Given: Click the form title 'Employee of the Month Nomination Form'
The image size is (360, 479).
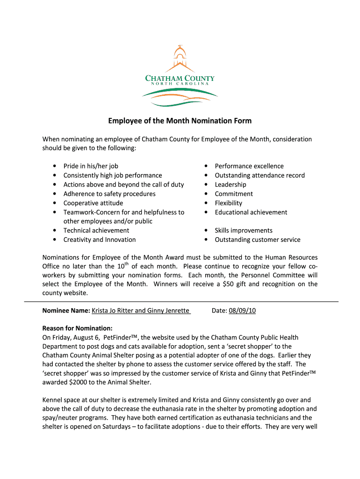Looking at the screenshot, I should tap(180, 121).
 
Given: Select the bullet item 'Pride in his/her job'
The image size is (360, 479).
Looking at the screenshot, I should tap(91, 166).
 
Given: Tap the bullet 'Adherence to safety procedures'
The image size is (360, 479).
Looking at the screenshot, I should tap(109, 194).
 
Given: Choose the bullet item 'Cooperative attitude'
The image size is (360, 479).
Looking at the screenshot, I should tap(93, 203).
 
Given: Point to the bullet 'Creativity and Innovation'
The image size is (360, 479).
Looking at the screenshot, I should tap(100, 239).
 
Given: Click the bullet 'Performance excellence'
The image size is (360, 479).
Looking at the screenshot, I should tap(249, 166).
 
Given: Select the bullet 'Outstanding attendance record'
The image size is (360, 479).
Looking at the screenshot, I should tap(259, 175).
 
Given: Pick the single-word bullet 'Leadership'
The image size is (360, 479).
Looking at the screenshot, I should tap(230, 185).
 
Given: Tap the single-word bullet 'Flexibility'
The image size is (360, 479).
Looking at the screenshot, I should tap(229, 203).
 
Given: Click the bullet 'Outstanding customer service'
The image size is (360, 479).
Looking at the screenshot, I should tap(258, 239).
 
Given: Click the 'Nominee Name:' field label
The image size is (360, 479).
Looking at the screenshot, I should tap(66, 311).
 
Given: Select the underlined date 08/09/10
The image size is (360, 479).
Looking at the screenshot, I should tap(242, 311).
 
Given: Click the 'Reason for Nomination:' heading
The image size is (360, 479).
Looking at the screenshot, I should tap(77, 328).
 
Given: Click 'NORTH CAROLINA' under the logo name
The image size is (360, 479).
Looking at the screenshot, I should tap(180, 83).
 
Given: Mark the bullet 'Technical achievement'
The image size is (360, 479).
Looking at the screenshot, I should tap(96, 230).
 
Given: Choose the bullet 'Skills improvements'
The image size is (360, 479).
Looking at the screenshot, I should tap(244, 230).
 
